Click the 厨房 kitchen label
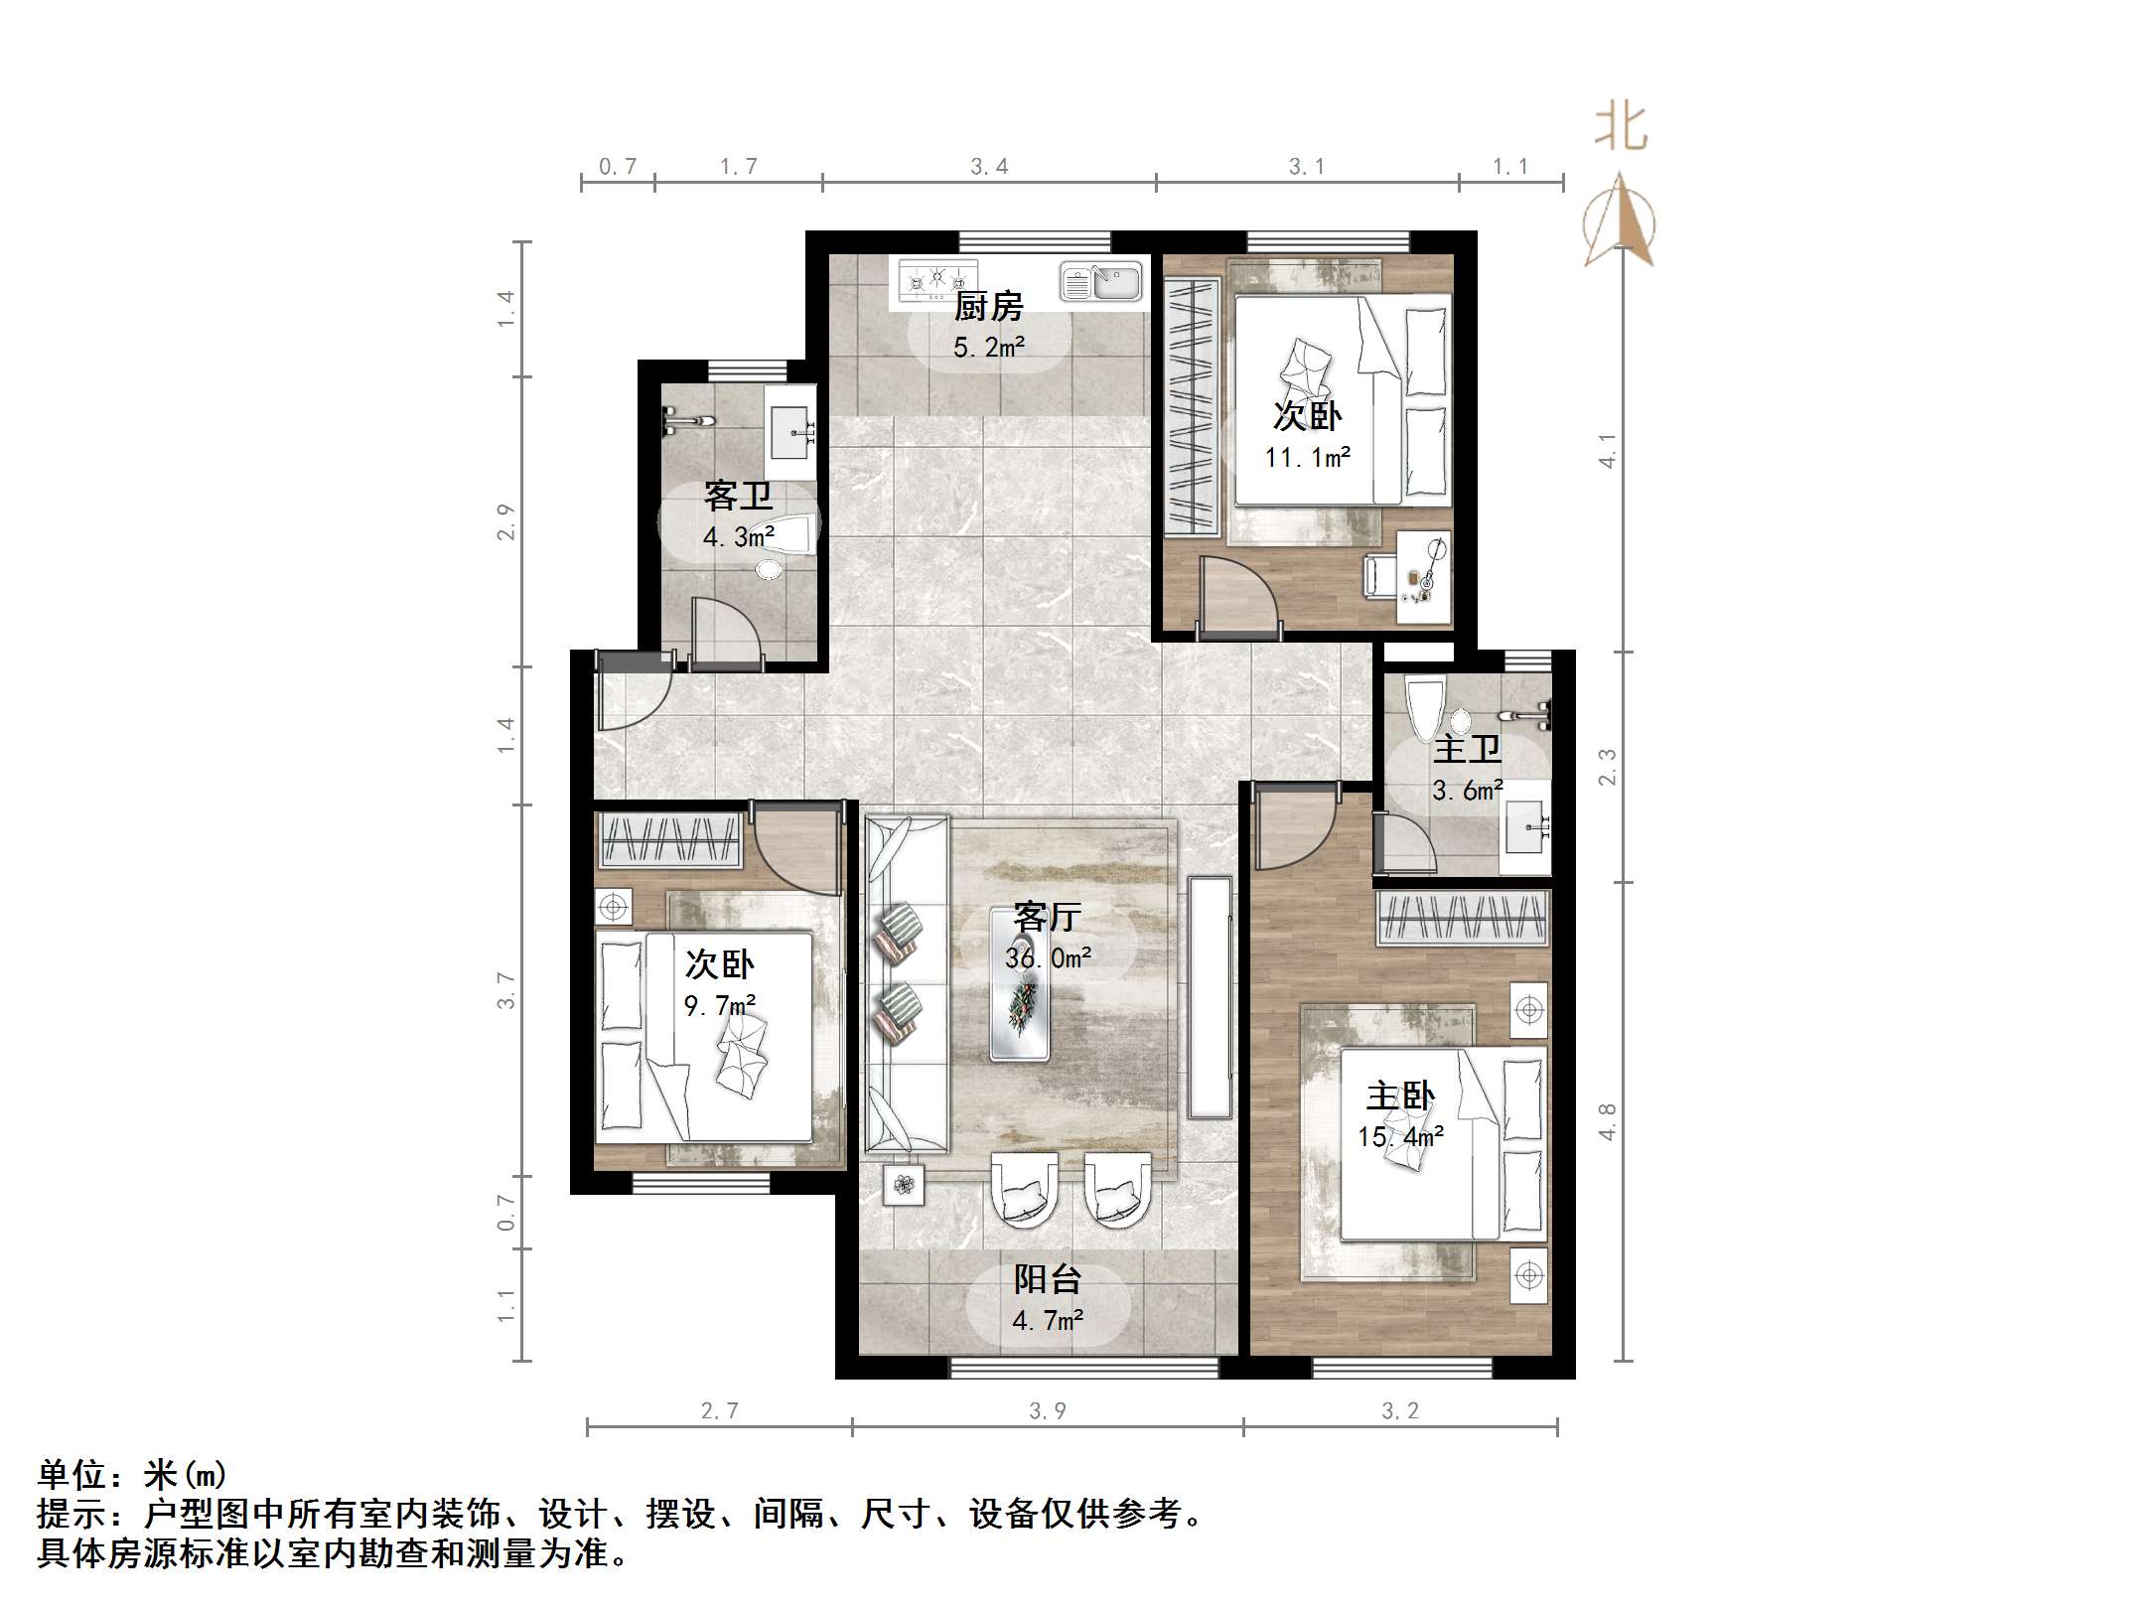coord(988,307)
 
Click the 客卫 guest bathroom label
coord(738,496)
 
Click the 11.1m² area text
coord(1307,457)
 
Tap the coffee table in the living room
coord(1020,984)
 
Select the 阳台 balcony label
coord(1047,1279)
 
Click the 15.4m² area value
coord(1400,1136)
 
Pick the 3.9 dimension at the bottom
coord(1047,1411)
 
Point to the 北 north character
coord(1621,127)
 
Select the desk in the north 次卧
coord(1424,577)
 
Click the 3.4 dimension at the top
coord(989,167)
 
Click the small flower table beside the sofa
coord(904,1184)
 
